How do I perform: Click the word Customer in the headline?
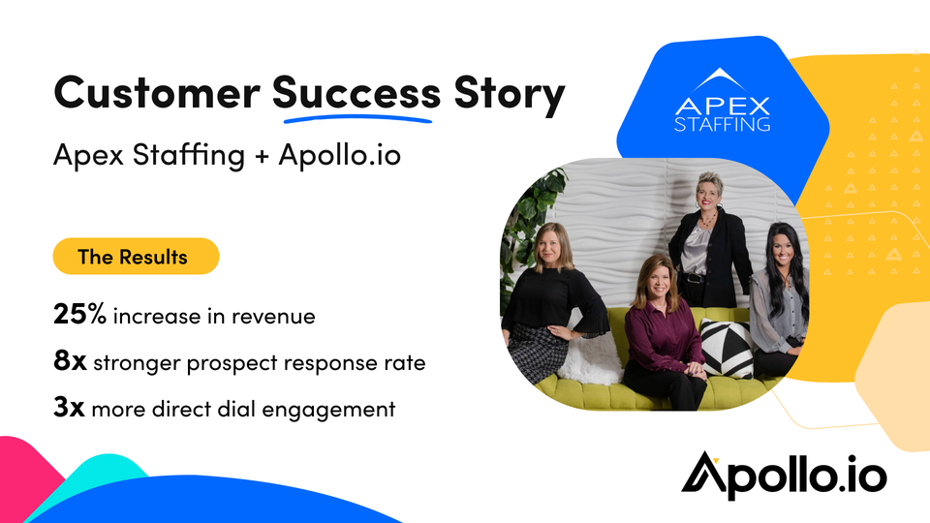pos(157,93)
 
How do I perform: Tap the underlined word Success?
pos(356,93)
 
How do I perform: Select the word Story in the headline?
pos(509,95)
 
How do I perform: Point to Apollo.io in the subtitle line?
pos(340,154)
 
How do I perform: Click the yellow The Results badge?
pos(136,256)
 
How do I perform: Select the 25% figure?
pos(79,313)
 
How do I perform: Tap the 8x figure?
pos(70,360)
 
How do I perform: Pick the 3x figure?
pos(69,407)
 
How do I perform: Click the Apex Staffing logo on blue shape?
pos(722,100)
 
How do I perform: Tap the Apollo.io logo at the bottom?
pos(784,476)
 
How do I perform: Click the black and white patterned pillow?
pos(727,348)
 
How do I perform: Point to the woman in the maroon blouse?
pos(663,332)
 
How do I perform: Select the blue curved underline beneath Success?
pos(357,118)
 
